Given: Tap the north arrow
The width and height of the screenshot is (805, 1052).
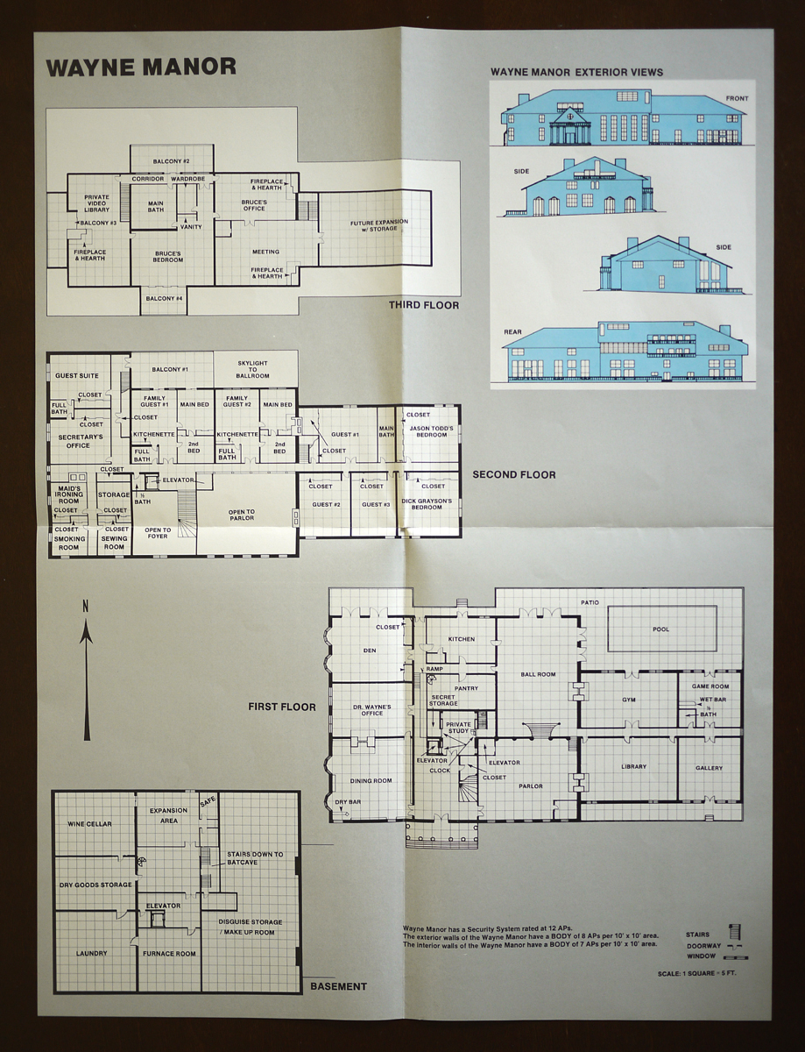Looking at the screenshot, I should tap(86, 675).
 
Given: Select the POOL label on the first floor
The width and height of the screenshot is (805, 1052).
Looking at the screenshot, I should tap(661, 629).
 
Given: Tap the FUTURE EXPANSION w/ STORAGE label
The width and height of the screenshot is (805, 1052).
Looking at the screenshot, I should tap(374, 225).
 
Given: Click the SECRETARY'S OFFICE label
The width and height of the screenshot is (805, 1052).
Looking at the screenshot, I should tap(81, 440).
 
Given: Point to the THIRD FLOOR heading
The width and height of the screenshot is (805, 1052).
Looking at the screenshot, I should tap(424, 305).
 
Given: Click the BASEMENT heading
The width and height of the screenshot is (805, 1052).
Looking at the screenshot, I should tap(338, 986).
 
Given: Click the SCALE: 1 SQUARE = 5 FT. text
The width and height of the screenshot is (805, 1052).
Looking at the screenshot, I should tap(698, 974).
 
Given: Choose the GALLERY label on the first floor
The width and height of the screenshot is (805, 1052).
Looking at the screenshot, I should tap(709, 768).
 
